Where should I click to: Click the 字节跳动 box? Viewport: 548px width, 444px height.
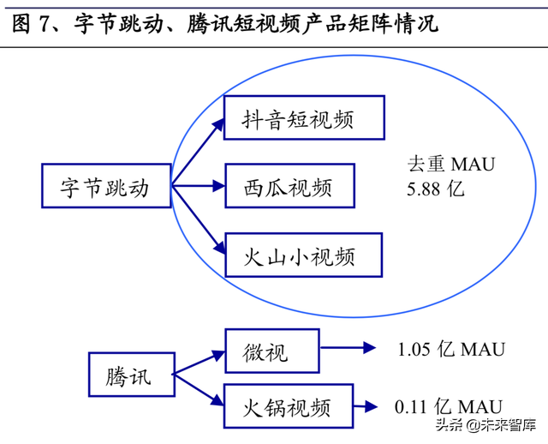105,187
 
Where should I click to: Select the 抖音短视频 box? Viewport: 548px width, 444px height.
303,118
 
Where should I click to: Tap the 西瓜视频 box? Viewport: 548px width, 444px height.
289,187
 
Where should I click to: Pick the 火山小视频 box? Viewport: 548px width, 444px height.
303,255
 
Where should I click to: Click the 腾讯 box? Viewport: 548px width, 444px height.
130,376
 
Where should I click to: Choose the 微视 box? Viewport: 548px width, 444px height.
271,350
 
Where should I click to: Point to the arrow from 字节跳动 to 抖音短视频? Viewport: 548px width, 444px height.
199,151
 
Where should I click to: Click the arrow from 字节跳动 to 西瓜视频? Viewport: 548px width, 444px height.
199,185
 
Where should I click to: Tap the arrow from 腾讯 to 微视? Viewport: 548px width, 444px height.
199,362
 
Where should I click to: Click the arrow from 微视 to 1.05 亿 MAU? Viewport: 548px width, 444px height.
348,348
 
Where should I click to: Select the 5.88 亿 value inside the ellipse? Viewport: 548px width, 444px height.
435,188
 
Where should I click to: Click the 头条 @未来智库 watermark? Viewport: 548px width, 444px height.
485,425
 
